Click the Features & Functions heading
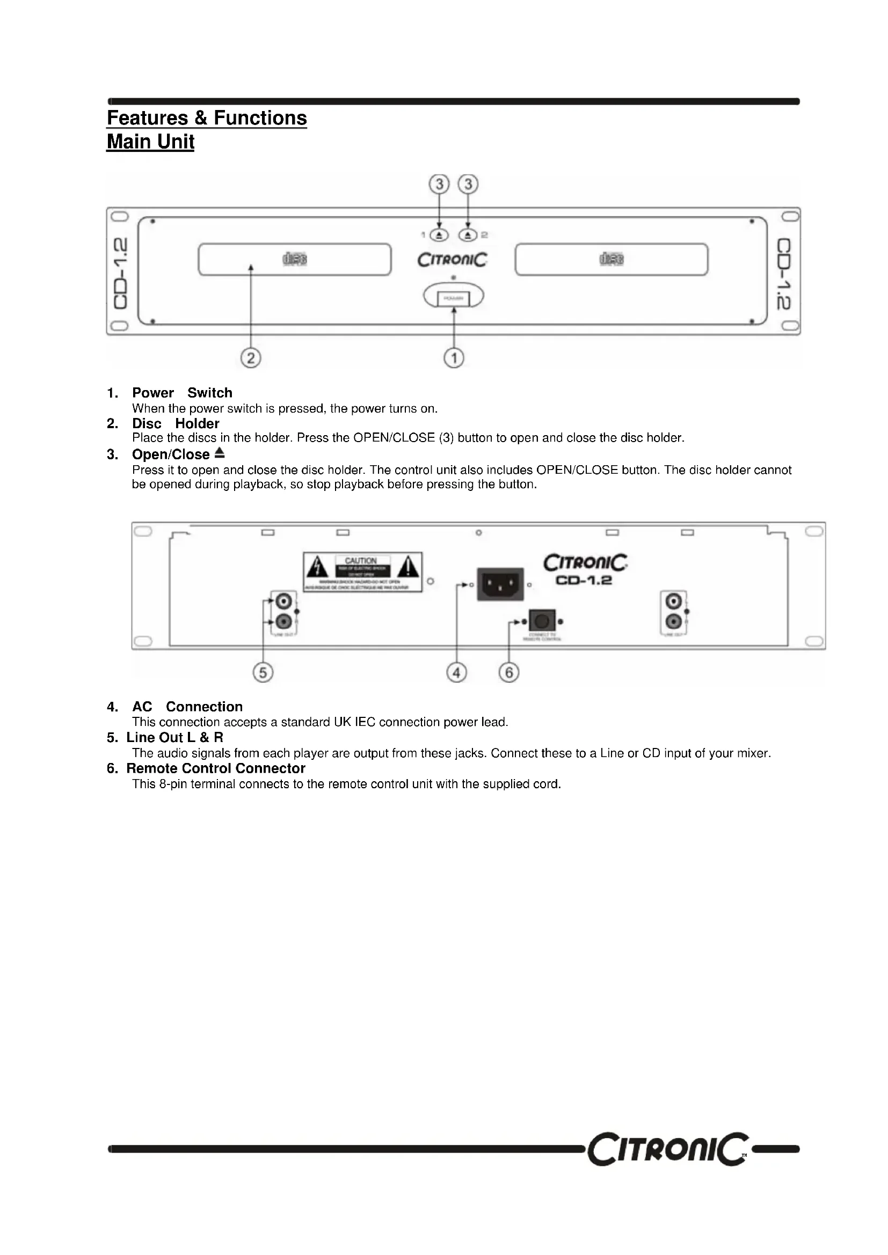coord(207,118)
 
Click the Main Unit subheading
coord(150,142)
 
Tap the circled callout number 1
coord(454,358)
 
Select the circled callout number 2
coord(250,358)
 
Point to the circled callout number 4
coord(456,672)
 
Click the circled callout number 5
coord(263,672)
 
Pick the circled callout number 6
coord(509,672)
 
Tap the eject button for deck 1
coord(439,234)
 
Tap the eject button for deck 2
coord(468,234)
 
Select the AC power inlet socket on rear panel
coord(500,584)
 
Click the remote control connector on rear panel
coord(542,621)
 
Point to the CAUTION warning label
coord(363,572)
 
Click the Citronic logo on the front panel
coord(452,260)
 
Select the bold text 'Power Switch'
coord(182,392)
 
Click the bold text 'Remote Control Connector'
coord(215,768)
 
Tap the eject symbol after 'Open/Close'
coord(219,453)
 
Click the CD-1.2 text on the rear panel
coord(584,581)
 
